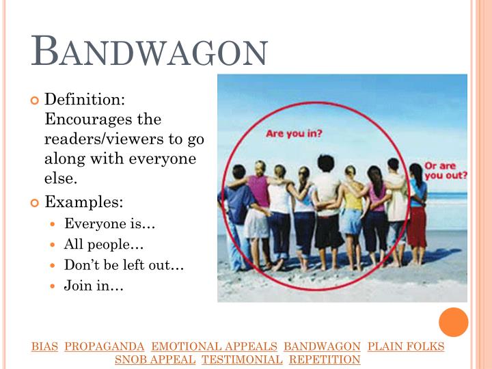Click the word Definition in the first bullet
pos(84,100)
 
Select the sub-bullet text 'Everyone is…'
pos(99,224)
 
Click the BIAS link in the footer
pos(44,346)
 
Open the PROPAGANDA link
pos(105,346)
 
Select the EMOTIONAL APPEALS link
pos(214,346)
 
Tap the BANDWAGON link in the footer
pos(322,346)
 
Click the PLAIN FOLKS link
pos(406,346)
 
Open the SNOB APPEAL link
pos(155,359)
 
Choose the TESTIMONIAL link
pos(242,359)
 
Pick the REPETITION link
pos(325,359)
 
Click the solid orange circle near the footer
pos(453,322)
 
